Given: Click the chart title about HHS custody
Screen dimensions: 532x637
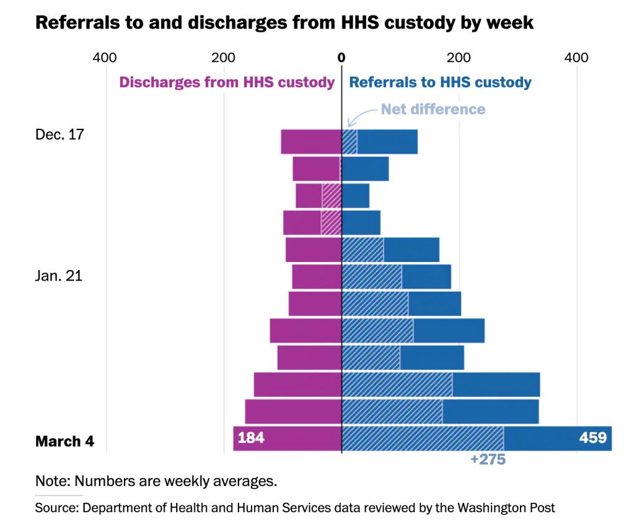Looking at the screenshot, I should [284, 22].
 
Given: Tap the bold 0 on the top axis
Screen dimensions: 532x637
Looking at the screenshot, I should [341, 58].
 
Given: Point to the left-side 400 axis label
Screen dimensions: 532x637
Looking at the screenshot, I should [105, 58].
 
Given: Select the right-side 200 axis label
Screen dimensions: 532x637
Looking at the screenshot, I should [460, 58].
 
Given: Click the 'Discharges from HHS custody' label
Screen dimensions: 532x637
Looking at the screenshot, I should [227, 82].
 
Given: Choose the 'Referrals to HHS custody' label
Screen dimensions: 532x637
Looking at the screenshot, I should [440, 82].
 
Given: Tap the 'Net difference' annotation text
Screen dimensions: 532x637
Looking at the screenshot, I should [433, 109].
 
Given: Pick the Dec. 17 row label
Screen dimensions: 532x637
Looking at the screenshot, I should [59, 134].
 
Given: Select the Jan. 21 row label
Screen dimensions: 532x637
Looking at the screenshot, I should [59, 276].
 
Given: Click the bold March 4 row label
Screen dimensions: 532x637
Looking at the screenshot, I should [65, 442].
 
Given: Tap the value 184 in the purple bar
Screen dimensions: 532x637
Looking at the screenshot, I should [251, 438].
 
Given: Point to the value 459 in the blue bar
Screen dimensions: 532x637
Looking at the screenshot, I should [592, 438].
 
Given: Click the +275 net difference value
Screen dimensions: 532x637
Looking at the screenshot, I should [488, 460].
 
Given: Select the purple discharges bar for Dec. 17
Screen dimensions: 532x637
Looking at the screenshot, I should [311, 142].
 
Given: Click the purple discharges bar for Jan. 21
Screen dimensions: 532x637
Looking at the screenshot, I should [316, 277].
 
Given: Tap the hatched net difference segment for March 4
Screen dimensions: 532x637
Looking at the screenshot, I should [423, 439].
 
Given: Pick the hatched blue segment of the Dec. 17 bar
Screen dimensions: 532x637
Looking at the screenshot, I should [349, 142].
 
